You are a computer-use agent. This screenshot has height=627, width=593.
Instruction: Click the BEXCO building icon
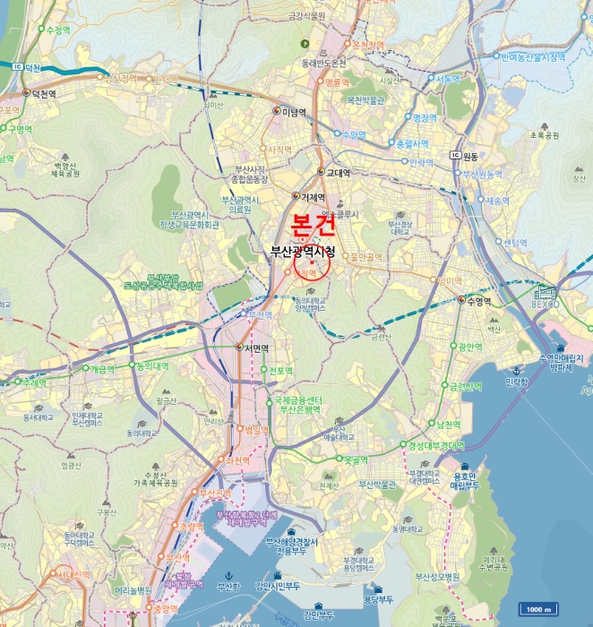(x=545, y=293)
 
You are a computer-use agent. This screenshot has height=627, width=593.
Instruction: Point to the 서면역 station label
(x=252, y=348)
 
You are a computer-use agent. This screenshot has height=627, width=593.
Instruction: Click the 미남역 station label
(x=294, y=112)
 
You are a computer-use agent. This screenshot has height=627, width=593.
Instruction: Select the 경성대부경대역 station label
(x=436, y=445)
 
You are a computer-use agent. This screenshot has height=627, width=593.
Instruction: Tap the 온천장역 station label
(x=368, y=45)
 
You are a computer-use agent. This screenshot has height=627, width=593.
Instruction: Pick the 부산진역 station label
(x=215, y=493)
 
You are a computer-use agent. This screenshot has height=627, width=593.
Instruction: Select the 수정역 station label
(x=57, y=30)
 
